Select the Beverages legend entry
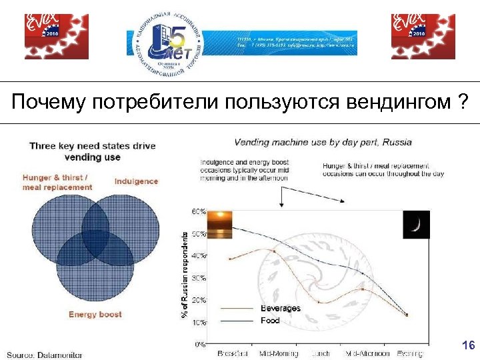pyautogui.click(x=280, y=309)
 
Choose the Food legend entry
pyautogui.click(x=270, y=321)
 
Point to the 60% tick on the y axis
pyautogui.click(x=199, y=211)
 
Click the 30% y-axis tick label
pyautogui.click(x=199, y=278)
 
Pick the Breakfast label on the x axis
pyautogui.click(x=233, y=353)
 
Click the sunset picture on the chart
pyautogui.click(x=220, y=224)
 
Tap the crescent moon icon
pyautogui.click(x=416, y=225)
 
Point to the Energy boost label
pyautogui.click(x=95, y=314)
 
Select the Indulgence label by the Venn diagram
pyautogui.click(x=137, y=181)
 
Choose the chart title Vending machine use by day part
pyautogui.click(x=323, y=142)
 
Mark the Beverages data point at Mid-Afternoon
pyautogui.click(x=363, y=289)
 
